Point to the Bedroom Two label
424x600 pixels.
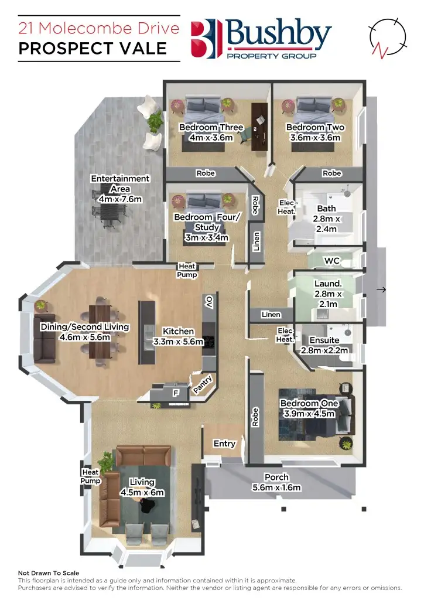315,127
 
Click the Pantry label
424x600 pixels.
203,385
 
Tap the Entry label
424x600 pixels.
224,444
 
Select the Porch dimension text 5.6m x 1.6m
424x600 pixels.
276,487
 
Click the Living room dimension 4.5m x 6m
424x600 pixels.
142,493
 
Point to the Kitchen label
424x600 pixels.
178,331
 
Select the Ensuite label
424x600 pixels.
324,340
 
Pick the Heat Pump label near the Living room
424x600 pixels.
90,476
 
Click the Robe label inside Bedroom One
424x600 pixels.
255,417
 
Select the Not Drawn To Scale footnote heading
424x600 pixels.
49,572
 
